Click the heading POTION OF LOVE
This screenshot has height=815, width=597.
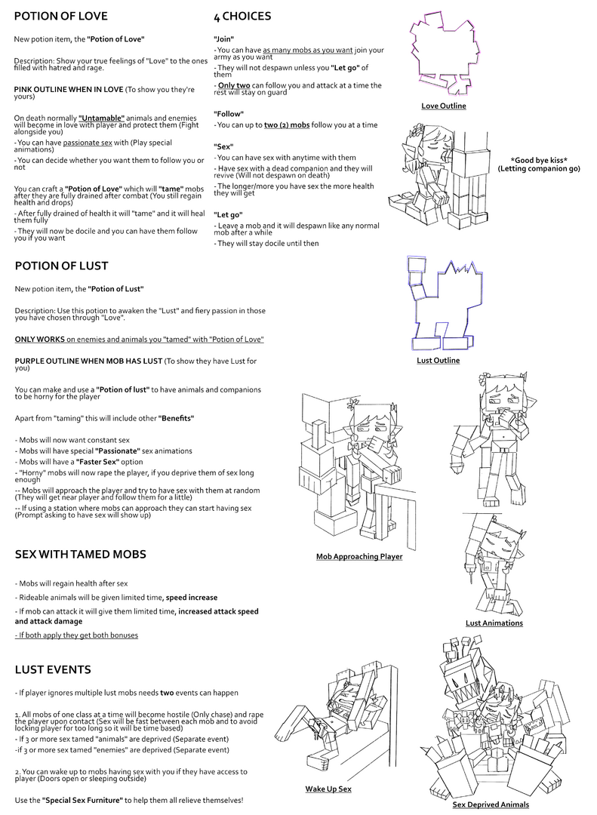[61, 16]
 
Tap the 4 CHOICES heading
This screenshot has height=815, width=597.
[242, 17]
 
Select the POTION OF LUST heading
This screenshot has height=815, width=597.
[61, 266]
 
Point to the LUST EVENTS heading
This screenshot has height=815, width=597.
[53, 669]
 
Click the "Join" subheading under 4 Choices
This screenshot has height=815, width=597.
[223, 39]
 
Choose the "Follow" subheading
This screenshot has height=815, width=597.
[228, 114]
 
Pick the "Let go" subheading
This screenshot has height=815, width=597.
[228, 214]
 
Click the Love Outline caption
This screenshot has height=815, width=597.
[444, 106]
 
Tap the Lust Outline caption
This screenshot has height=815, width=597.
[439, 360]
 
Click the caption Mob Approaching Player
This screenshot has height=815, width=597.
[359, 557]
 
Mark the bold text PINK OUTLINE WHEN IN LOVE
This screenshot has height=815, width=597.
[69, 89]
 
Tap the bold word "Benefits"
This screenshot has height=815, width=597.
[177, 418]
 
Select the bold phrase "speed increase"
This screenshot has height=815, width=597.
[192, 598]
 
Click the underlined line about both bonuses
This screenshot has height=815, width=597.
[76, 635]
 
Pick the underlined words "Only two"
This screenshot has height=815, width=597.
[234, 85]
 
